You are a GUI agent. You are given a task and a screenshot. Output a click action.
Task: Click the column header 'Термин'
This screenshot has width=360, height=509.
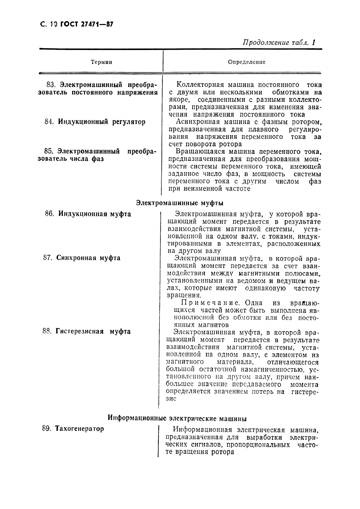point(101,62)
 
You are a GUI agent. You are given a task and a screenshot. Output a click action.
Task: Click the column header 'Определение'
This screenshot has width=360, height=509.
point(246,62)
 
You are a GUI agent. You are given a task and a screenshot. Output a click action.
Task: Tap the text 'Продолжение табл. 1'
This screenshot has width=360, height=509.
point(279,43)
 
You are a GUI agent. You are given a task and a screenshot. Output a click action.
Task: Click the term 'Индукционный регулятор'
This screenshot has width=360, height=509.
point(102,122)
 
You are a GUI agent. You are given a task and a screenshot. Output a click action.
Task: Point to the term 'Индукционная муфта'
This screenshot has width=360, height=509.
point(95,214)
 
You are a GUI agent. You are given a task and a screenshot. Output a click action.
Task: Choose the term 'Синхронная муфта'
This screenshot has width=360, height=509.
point(88,258)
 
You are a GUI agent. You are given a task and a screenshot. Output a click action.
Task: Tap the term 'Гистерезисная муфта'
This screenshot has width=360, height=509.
point(93,331)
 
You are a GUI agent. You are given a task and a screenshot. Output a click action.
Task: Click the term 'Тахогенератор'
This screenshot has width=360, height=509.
point(79,429)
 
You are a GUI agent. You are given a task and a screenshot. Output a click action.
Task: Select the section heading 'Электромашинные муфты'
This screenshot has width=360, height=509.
point(180,203)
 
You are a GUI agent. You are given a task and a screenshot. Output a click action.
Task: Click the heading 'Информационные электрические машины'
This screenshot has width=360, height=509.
point(177,419)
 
